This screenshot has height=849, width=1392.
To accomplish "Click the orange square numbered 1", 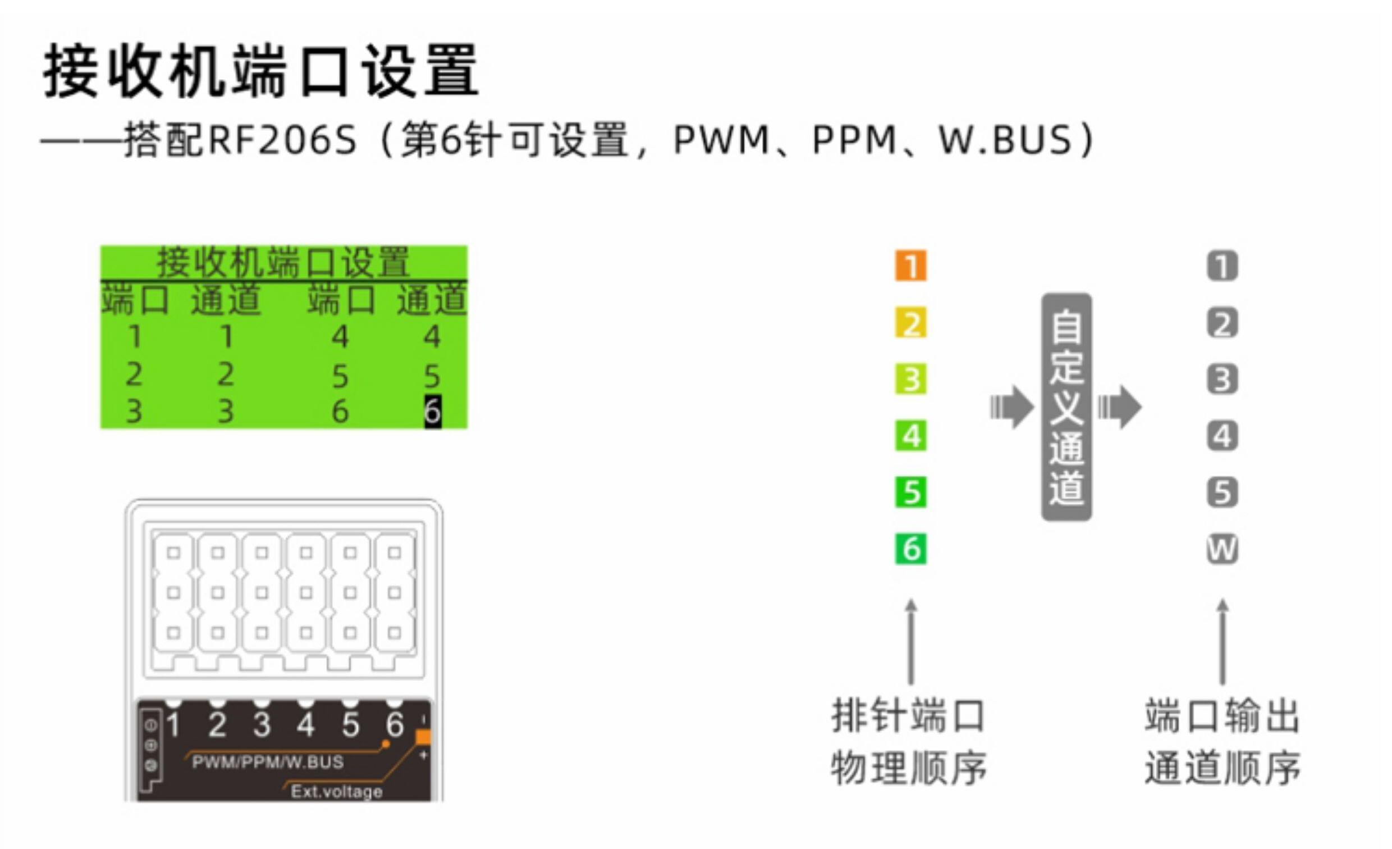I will click(910, 266).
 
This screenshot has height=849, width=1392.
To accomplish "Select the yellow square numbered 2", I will click(910, 323).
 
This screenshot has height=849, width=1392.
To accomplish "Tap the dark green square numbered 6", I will click(910, 549).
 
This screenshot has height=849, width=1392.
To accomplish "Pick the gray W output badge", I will click(1222, 549).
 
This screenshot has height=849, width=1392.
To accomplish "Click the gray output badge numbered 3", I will click(1222, 379).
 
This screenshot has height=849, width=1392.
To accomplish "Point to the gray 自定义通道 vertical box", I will click(1066, 407).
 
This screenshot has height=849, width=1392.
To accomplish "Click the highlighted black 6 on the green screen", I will click(433, 412).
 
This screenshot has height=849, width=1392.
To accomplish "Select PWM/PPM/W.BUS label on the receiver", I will click(268, 762).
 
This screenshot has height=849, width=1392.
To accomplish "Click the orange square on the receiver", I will click(423, 737).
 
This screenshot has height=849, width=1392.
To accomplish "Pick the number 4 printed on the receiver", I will click(306, 725).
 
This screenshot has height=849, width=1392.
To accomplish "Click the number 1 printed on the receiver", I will click(173, 725).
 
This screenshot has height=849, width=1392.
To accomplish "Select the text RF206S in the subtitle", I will click(282, 140).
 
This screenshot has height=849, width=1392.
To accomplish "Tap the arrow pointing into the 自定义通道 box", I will click(1012, 407).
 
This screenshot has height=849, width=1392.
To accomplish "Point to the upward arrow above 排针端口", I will click(910, 642).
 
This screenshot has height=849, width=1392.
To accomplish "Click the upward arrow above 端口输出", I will click(1222, 642).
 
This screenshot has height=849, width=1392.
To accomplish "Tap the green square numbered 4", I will click(910, 436).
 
